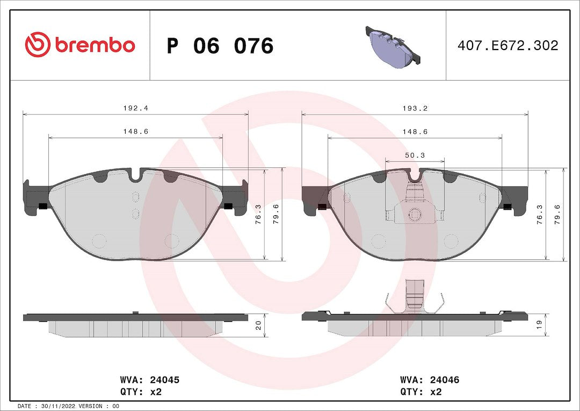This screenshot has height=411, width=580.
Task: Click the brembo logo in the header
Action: [80, 45]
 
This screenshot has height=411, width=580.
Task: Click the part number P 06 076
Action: [220, 46]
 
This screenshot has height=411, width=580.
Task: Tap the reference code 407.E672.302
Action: [508, 45]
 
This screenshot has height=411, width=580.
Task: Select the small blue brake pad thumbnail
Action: [393, 45]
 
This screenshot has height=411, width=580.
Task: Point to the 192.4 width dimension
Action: [136, 108]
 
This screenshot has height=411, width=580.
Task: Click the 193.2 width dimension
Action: [415, 108]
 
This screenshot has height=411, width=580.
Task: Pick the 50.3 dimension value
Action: [415, 155]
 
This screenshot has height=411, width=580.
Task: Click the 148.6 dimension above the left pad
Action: [136, 132]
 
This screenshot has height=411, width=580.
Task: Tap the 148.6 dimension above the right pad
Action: [415, 132]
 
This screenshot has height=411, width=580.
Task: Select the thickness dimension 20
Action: [258, 325]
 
